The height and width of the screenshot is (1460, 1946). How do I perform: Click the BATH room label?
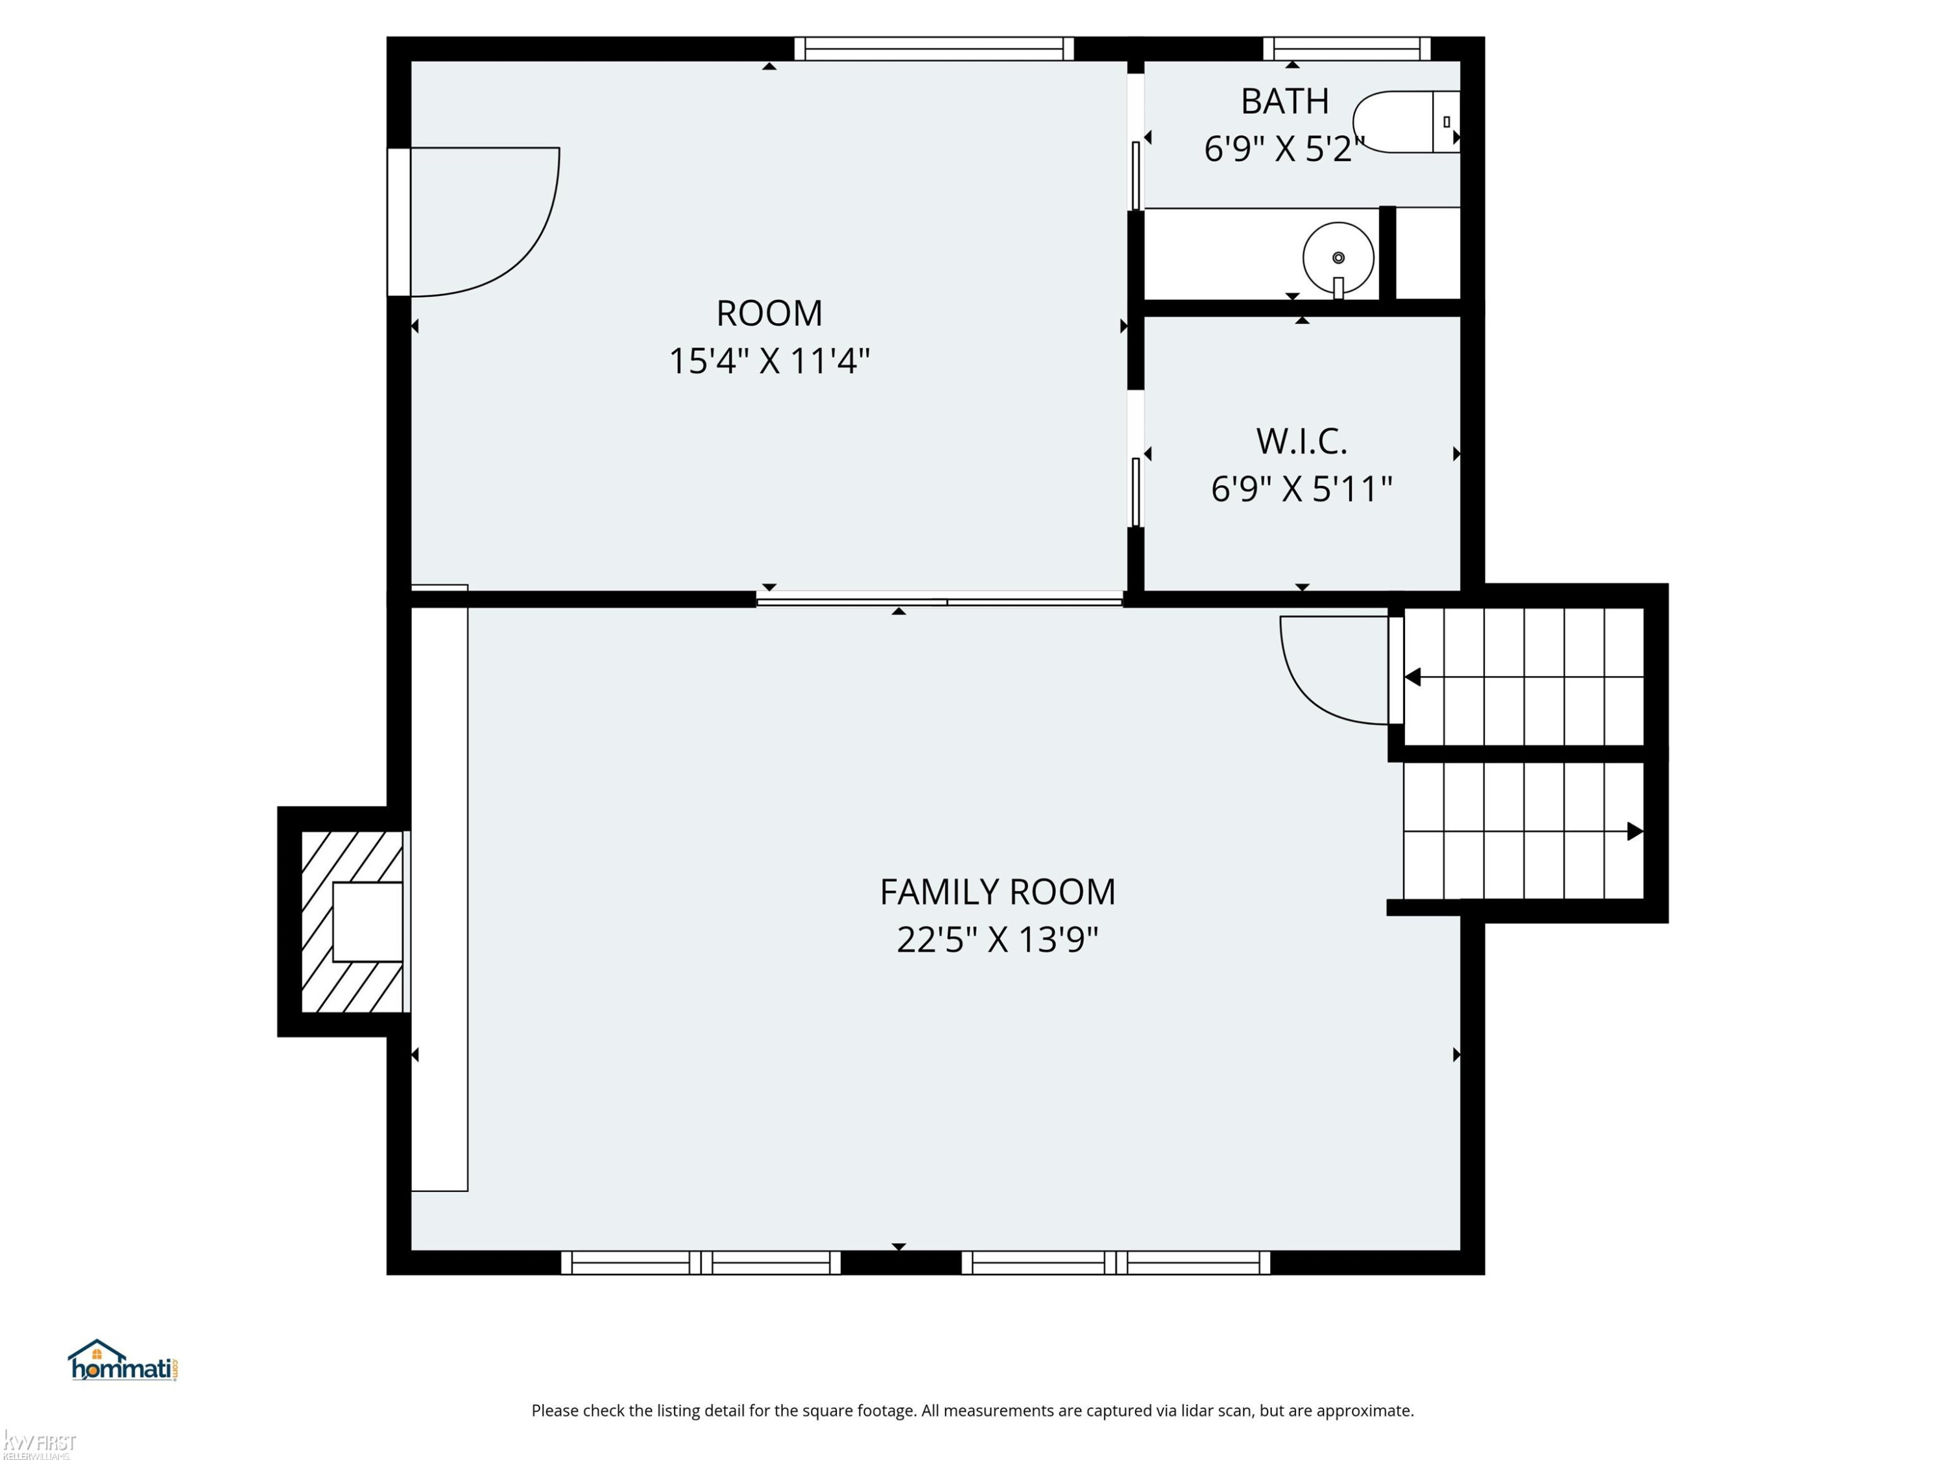coord(1284,101)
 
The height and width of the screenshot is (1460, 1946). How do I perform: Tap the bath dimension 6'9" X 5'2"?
coord(1284,149)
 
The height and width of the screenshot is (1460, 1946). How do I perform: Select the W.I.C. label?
coord(1301,442)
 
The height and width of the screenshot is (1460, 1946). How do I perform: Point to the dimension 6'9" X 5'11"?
coord(1301,489)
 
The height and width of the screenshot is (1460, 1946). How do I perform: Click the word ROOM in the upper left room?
coord(769,313)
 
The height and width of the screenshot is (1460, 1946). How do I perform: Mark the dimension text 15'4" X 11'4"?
coord(769,361)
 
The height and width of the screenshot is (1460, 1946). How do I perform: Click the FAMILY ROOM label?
coord(998,892)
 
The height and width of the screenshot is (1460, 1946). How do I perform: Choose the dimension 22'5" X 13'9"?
coord(998,940)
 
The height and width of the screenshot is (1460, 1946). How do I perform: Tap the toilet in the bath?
coord(1406,121)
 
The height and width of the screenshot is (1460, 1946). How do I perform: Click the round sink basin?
coord(1338,258)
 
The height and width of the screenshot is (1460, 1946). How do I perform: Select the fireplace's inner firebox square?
coord(368,921)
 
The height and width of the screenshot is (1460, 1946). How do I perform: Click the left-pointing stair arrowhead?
coord(1413,677)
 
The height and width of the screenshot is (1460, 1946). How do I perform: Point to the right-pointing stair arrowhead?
coord(1635,831)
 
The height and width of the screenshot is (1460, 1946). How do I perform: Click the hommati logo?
coord(123,1361)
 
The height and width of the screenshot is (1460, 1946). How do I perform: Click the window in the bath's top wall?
coord(1347,49)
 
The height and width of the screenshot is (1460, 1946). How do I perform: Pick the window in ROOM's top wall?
coord(934,49)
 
